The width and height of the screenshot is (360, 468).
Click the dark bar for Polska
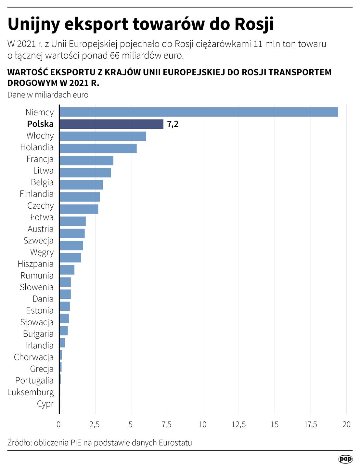111,124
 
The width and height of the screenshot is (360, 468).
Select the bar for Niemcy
199,112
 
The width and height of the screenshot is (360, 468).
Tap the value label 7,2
173,124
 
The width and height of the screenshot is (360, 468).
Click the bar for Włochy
103,136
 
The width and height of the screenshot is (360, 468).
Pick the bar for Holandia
98,148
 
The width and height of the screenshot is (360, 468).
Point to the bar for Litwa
85,173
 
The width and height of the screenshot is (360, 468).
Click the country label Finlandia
36,194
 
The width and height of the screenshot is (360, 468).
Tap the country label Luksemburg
31,392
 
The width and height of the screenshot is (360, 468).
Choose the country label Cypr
45,404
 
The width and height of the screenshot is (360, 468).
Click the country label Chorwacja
33,357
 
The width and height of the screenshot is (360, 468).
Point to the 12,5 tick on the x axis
238,424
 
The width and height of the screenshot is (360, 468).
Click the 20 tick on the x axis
346,424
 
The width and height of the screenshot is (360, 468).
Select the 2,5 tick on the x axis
95,424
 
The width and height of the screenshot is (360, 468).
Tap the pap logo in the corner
345,459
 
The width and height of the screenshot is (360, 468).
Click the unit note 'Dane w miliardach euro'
48,95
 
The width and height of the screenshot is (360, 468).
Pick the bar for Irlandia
62,343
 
